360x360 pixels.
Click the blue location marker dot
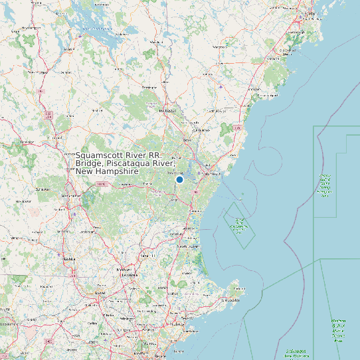click(179, 179)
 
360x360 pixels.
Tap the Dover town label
click(187, 140)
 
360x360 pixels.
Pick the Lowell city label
click(101, 292)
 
